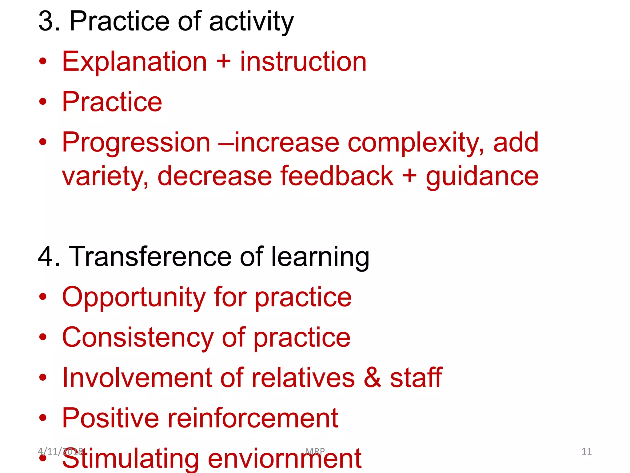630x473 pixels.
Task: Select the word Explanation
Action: tap(134, 62)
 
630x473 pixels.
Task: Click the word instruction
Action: tap(303, 62)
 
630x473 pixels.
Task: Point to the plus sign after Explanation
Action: tap(223, 61)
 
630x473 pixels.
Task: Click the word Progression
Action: tap(136, 143)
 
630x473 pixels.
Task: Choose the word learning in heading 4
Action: tap(320, 257)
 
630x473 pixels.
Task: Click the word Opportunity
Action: tap(134, 297)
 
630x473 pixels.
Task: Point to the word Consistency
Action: tap(138, 338)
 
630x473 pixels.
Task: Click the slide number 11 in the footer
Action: tap(586, 451)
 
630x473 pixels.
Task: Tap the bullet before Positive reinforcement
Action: tap(43, 418)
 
